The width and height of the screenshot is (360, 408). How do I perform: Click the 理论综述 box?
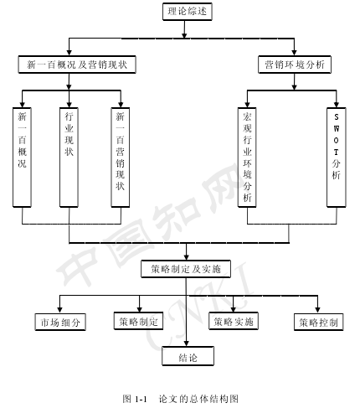click(x=188, y=12)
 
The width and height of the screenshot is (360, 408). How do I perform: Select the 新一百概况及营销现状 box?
click(x=77, y=65)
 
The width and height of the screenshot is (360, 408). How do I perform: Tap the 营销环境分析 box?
click(x=295, y=65)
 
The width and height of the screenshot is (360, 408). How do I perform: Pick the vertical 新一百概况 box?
click(x=22, y=158)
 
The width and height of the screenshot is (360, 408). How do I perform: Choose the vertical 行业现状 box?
click(x=69, y=158)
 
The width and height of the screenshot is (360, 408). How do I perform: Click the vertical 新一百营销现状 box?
click(x=121, y=158)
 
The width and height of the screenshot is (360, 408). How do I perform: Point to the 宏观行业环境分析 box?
click(x=247, y=158)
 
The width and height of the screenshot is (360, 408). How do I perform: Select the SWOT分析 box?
click(x=337, y=158)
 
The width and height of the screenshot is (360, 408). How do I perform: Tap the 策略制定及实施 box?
click(x=186, y=269)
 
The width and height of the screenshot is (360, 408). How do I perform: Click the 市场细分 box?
click(x=60, y=322)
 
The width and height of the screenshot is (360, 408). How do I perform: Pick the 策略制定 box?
click(x=138, y=321)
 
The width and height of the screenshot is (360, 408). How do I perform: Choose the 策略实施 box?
click(x=234, y=321)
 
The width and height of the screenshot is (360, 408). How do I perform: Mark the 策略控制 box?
click(x=319, y=322)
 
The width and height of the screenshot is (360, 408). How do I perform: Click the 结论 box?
click(x=188, y=356)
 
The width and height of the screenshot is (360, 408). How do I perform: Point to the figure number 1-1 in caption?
click(x=141, y=399)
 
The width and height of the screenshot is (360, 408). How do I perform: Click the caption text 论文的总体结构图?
click(x=198, y=399)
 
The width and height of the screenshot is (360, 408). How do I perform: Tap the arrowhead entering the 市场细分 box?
click(x=59, y=309)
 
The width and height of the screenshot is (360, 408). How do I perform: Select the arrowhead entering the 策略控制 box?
click(x=317, y=309)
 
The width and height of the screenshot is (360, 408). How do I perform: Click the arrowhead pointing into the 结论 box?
click(x=187, y=343)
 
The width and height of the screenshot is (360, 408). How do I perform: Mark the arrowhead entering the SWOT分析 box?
click(x=337, y=105)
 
